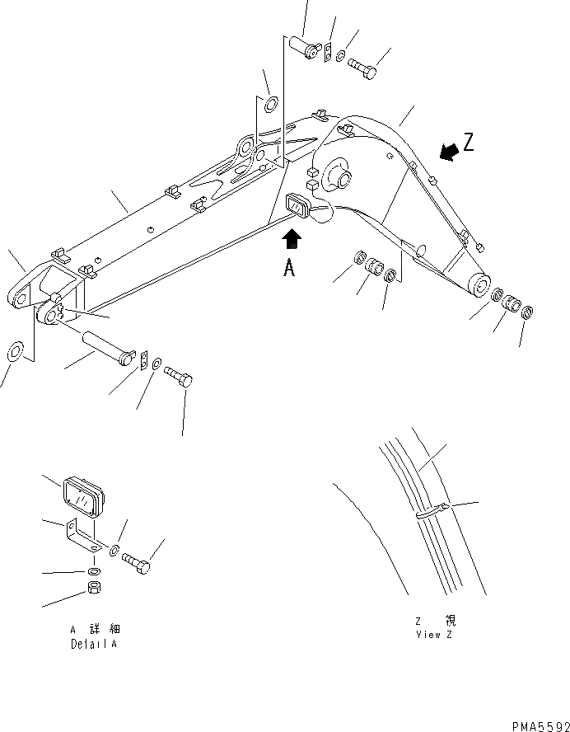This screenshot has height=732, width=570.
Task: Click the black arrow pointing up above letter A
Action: point(292,240)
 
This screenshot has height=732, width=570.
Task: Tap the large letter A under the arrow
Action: point(289,268)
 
